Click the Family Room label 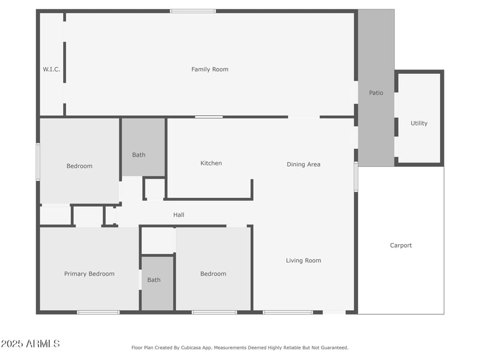(x=209, y=70)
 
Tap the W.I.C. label (x=52, y=70)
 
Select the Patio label (x=376, y=93)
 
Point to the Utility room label (x=419, y=124)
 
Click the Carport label (x=401, y=245)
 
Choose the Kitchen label (x=211, y=163)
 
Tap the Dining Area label (x=304, y=164)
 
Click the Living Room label (x=304, y=260)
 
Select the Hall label (x=179, y=215)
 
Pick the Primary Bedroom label (x=89, y=274)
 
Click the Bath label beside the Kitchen (x=139, y=155)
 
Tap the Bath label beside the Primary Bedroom (x=154, y=280)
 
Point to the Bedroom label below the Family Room (x=79, y=166)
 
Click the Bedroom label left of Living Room (x=213, y=274)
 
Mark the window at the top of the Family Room (x=193, y=11)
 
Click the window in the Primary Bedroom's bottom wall (x=98, y=312)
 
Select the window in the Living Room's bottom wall (x=288, y=312)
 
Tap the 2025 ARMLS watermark (x=31, y=344)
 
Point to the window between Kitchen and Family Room (x=209, y=117)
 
